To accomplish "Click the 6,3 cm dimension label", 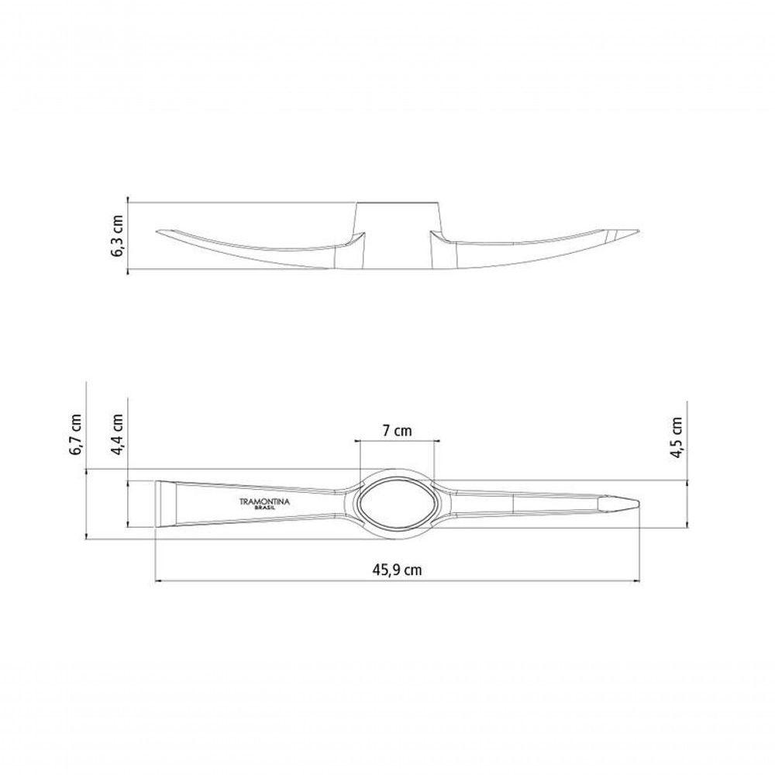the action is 118,236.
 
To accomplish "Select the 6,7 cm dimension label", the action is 76,435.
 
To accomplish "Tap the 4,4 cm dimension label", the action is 117,435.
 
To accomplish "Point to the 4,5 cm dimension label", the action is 677,437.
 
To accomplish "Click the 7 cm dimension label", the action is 397,431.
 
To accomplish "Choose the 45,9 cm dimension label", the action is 398,570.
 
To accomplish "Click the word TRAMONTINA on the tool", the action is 265,501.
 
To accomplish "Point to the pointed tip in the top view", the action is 639,505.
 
